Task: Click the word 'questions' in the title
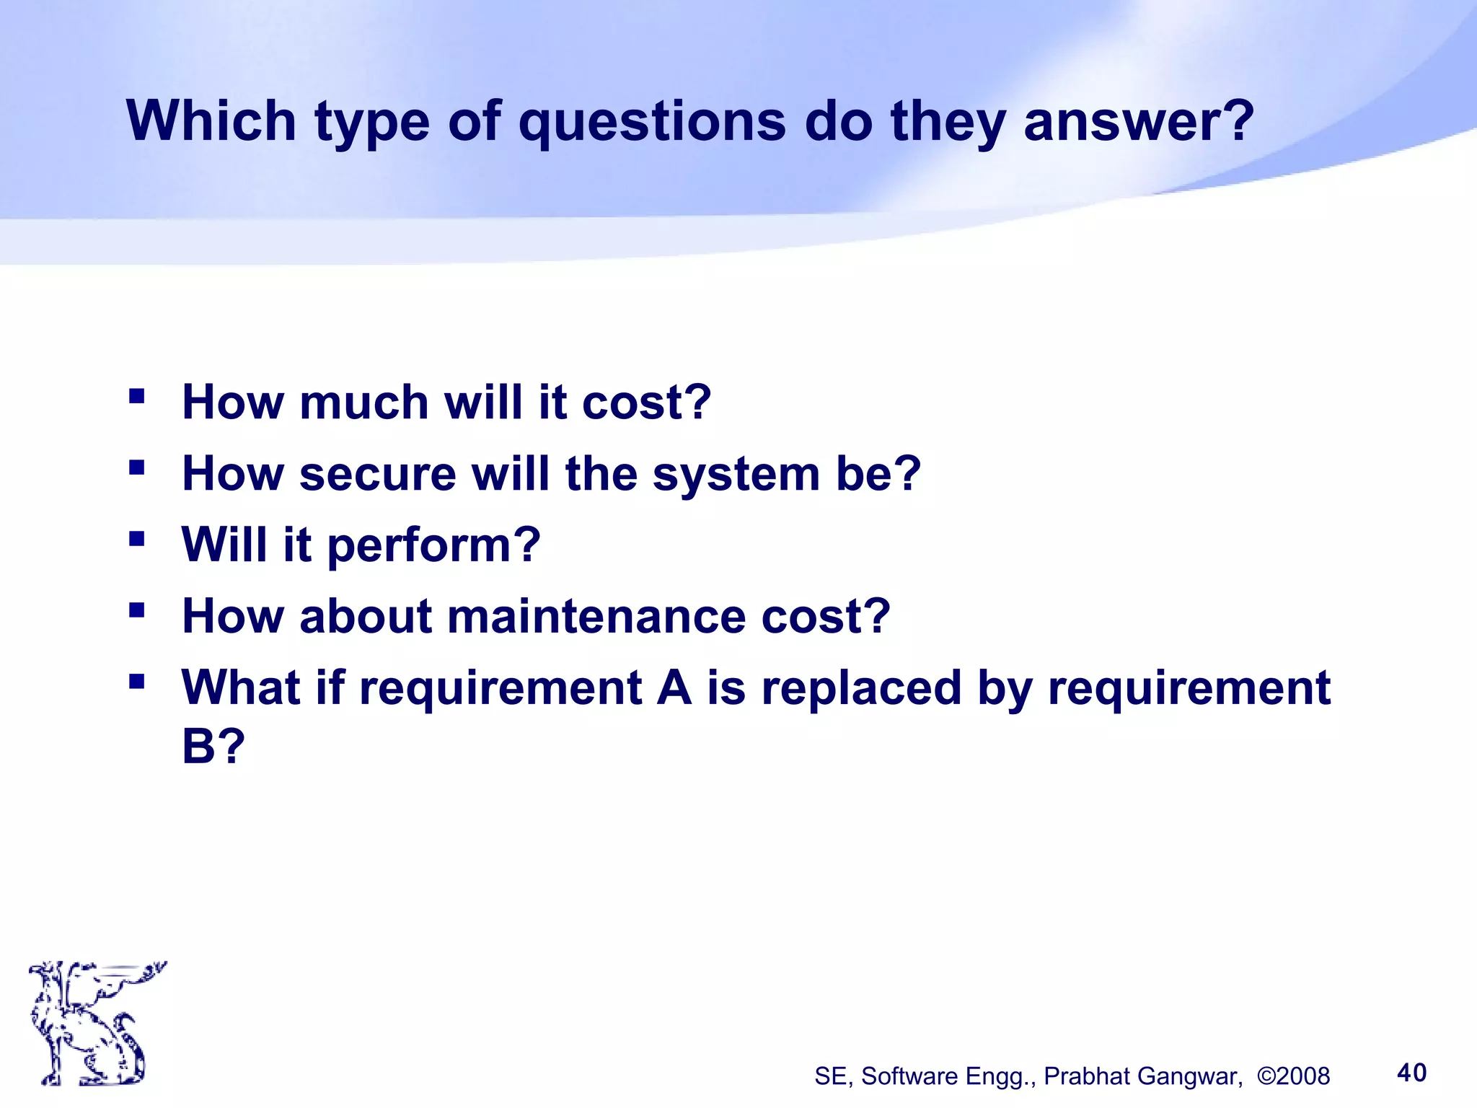(652, 121)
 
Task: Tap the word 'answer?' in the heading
(1139, 121)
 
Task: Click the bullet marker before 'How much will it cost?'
(136, 396)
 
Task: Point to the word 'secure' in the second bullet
(377, 474)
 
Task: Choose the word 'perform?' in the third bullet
(434, 545)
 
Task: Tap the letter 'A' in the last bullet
(674, 687)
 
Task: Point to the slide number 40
(1411, 1073)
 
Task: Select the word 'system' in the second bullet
(736, 474)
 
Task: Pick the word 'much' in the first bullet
(363, 402)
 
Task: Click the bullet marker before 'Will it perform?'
(136, 538)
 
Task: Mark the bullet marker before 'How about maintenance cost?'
(136, 610)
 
